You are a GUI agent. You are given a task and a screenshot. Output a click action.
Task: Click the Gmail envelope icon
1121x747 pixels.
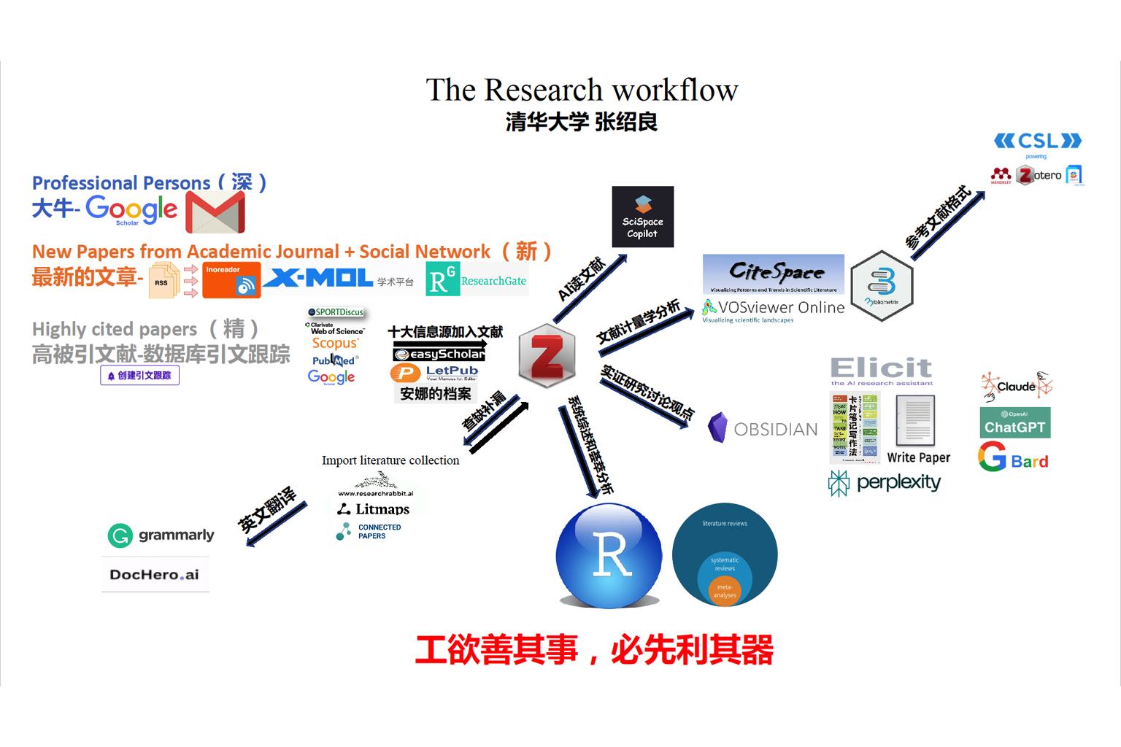click(x=215, y=212)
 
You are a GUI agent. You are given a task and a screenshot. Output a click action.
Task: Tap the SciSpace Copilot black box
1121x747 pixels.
click(x=642, y=217)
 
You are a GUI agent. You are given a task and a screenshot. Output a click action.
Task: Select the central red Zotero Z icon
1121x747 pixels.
click(x=547, y=357)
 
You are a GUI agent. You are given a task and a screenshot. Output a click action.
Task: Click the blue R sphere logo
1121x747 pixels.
click(x=609, y=555)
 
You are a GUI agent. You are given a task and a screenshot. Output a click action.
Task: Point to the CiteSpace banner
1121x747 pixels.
click(x=773, y=274)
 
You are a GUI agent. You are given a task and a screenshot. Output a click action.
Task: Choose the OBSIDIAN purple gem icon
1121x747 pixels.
click(x=717, y=428)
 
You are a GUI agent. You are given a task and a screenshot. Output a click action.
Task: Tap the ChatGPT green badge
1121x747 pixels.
click(x=1014, y=422)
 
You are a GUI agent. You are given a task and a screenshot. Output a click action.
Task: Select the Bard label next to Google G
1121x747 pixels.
click(x=1030, y=461)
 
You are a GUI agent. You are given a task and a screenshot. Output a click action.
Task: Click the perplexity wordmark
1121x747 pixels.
click(x=898, y=482)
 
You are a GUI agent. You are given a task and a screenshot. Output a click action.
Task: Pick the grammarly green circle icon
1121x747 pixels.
click(x=119, y=535)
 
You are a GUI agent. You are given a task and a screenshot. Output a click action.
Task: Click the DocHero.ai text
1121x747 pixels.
click(x=155, y=575)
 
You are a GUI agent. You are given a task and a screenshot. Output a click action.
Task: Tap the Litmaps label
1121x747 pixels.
click(x=382, y=509)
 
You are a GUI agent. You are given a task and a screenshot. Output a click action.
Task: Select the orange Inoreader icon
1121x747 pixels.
click(x=231, y=280)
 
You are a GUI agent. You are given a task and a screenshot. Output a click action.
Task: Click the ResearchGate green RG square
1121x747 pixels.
click(x=442, y=279)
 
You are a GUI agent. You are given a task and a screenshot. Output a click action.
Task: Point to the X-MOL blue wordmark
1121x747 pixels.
click(x=318, y=278)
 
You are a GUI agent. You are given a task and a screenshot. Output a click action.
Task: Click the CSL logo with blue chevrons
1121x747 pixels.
click(x=1037, y=140)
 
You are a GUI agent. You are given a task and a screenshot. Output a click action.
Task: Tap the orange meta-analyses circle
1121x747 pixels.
click(x=725, y=591)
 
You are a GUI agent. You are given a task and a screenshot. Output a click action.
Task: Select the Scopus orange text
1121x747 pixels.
click(x=335, y=343)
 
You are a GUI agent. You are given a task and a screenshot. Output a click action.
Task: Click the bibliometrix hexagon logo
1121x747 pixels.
click(x=882, y=285)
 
